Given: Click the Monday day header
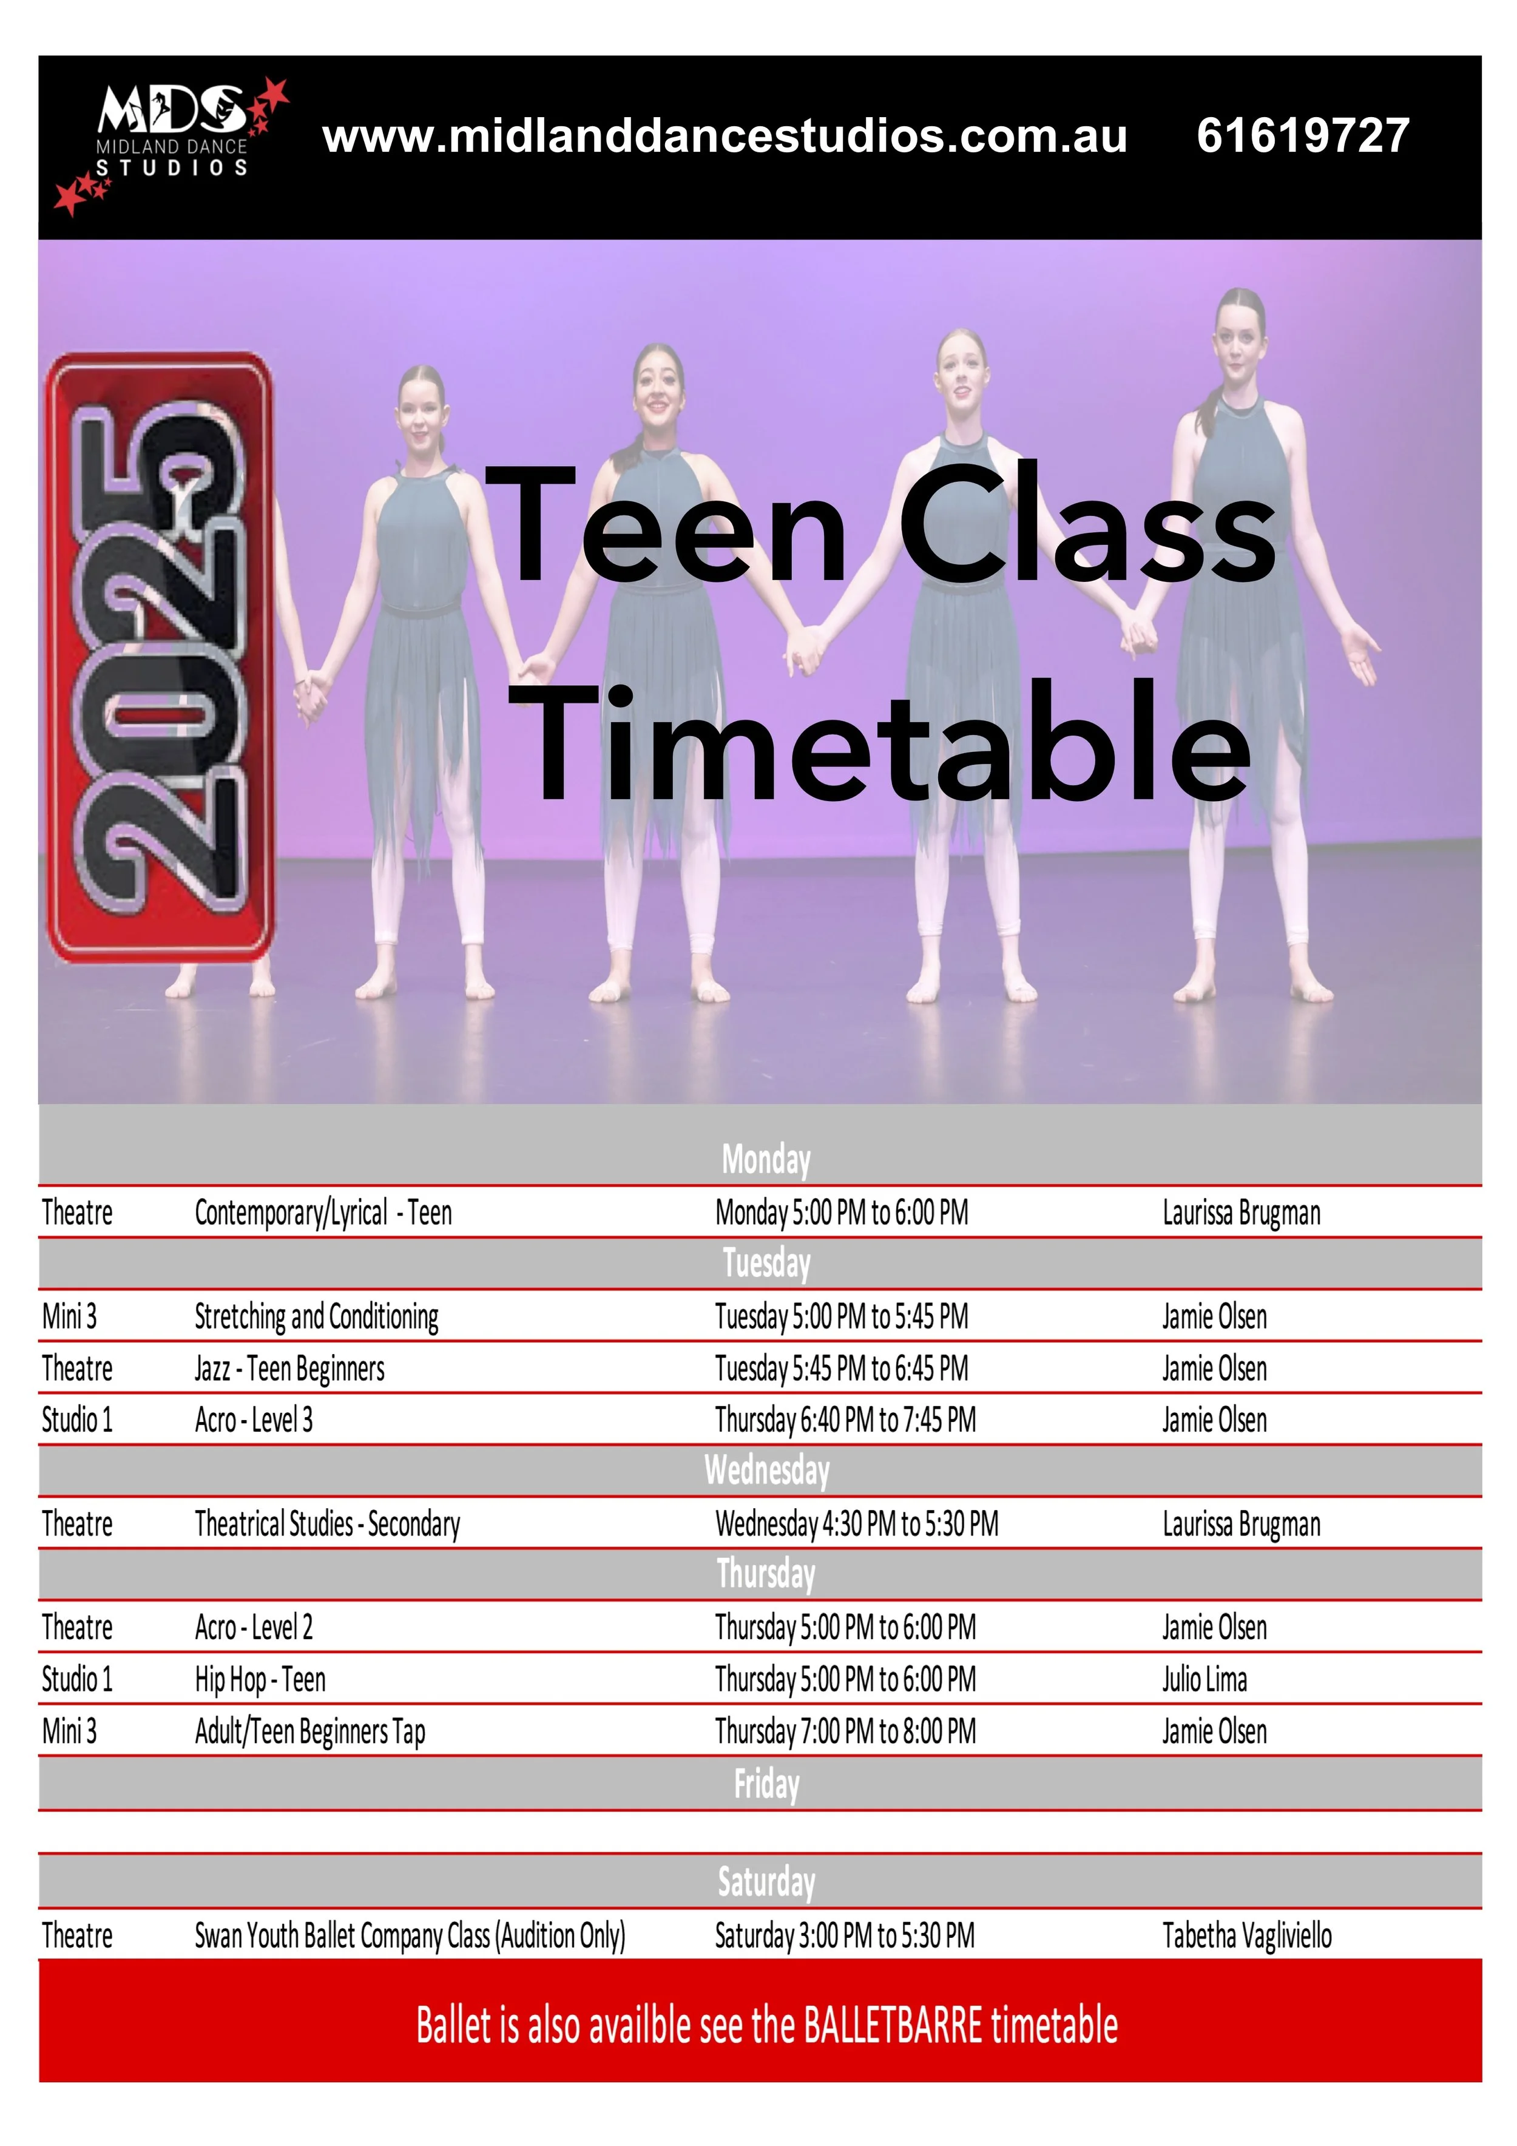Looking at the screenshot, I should [766, 1160].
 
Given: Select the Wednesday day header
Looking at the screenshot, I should [766, 1471].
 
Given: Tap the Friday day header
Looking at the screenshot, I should [766, 1783].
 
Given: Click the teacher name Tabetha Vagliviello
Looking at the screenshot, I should [1247, 1935].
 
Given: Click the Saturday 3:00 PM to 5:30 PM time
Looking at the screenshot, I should [844, 1935].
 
